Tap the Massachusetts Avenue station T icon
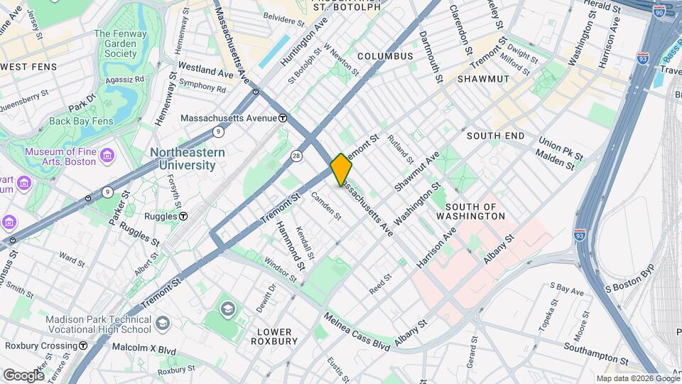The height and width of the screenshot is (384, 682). tap(283, 118)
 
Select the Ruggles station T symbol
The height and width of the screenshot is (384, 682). tap(183, 215)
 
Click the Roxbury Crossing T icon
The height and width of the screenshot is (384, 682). tap(83, 346)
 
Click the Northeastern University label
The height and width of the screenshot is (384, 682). tap(187, 159)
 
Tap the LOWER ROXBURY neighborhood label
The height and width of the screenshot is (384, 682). tap(274, 336)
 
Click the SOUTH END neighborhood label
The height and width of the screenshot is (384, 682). tap(495, 135)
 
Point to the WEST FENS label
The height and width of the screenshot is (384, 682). tap(29, 67)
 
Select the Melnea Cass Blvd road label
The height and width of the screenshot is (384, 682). tap(357, 330)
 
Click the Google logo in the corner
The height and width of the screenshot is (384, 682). tap(23, 375)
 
